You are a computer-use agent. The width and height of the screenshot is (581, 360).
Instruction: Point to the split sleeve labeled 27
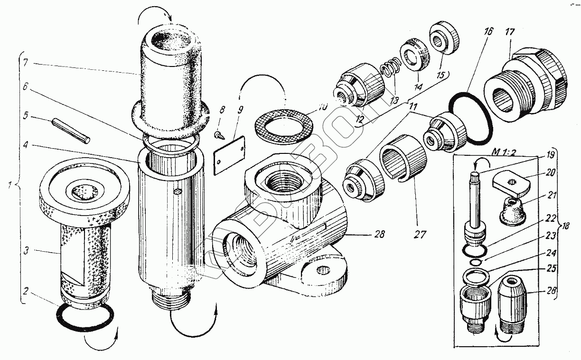[403, 157]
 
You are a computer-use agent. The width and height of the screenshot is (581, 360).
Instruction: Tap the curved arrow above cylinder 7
[155, 15]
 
